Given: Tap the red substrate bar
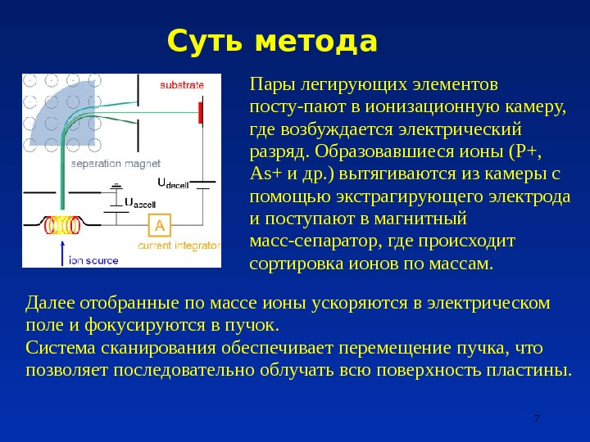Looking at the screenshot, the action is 199,112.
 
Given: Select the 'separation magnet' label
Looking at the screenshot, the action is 115,163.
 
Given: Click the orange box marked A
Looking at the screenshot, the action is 159,226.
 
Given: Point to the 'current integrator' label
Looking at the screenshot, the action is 179,245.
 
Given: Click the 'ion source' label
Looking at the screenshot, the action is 93,260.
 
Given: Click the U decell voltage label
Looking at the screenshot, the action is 173,183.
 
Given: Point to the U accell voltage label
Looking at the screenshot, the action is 139,201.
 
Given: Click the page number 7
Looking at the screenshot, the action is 536,419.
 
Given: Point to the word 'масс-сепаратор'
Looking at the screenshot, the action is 302,242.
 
